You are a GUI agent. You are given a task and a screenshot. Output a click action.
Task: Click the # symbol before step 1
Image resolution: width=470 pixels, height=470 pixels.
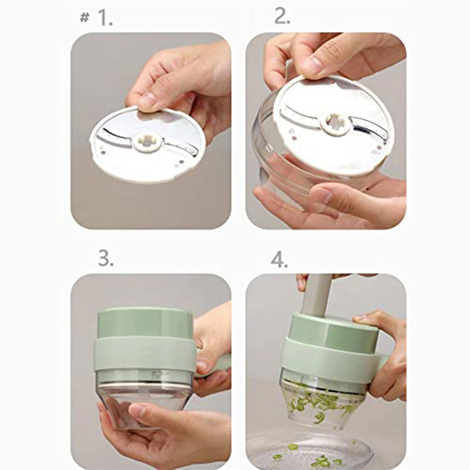(84, 18)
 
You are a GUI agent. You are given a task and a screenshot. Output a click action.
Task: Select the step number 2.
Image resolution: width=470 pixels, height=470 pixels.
(282, 17)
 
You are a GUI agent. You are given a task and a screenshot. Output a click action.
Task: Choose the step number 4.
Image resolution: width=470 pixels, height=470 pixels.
(280, 258)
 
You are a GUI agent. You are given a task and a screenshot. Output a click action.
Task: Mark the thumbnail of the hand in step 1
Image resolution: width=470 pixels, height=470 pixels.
(147, 100)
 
